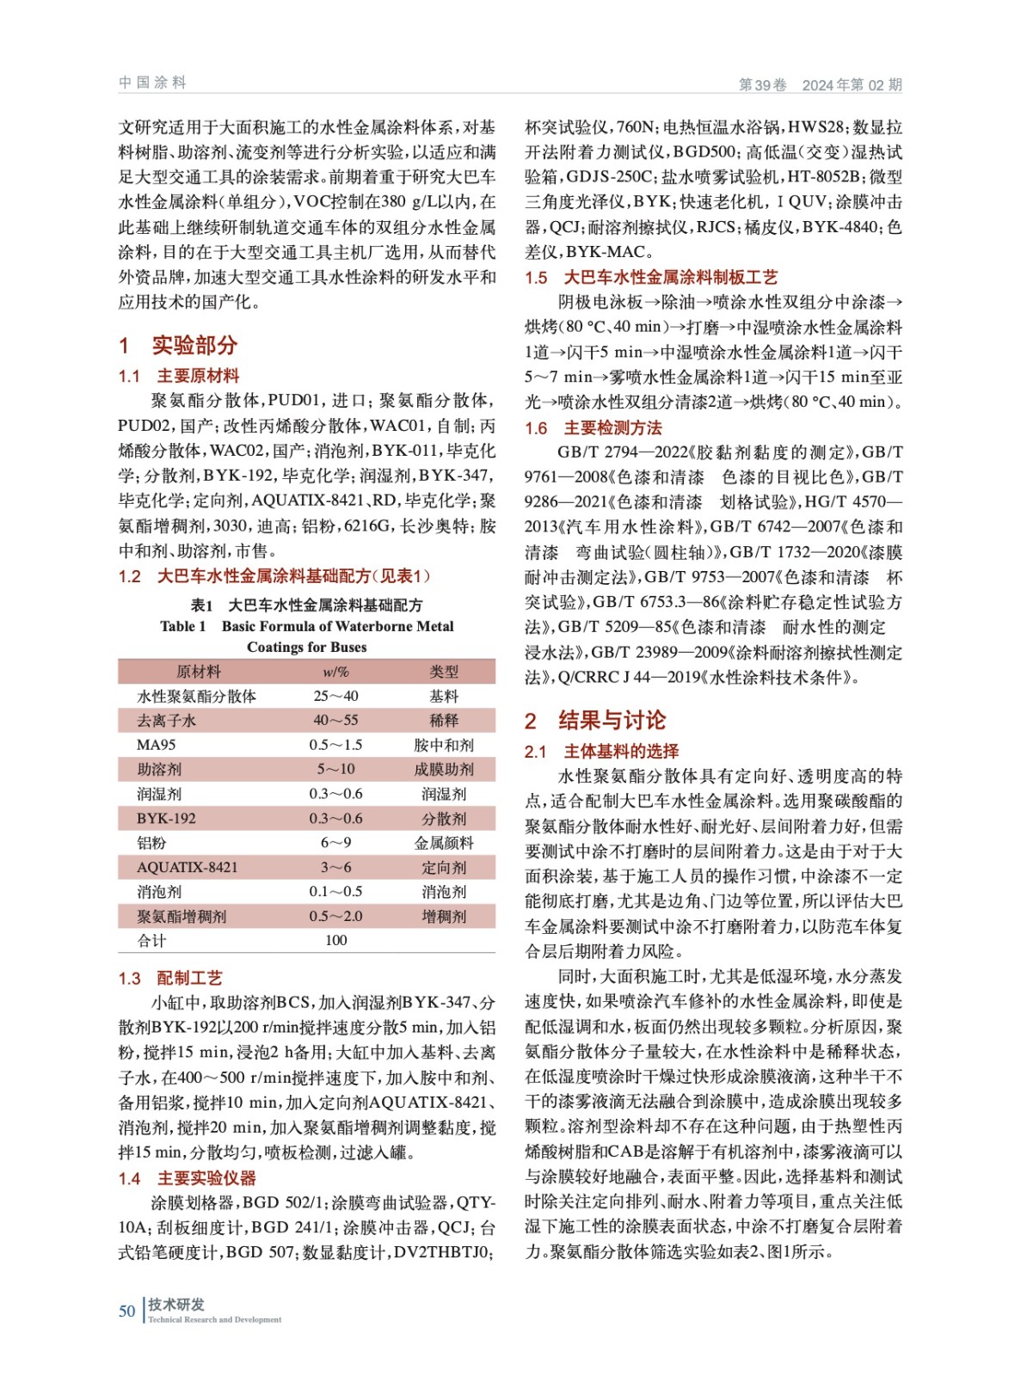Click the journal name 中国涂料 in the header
point(152,83)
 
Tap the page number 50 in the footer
point(126,1311)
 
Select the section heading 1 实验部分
point(178,345)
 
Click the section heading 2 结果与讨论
point(595,720)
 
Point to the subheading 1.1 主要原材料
point(179,376)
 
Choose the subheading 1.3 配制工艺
point(170,978)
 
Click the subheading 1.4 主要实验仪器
point(188,1178)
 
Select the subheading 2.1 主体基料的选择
point(602,751)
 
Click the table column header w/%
point(335,672)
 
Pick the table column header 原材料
point(199,672)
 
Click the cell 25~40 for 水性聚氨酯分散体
point(335,696)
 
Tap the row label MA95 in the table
point(156,745)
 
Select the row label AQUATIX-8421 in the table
point(187,867)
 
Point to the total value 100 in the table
point(335,940)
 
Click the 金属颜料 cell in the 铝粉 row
point(444,843)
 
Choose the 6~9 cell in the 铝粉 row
point(335,843)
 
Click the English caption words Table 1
point(183,626)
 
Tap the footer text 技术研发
point(176,1304)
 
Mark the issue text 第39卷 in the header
point(763,84)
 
